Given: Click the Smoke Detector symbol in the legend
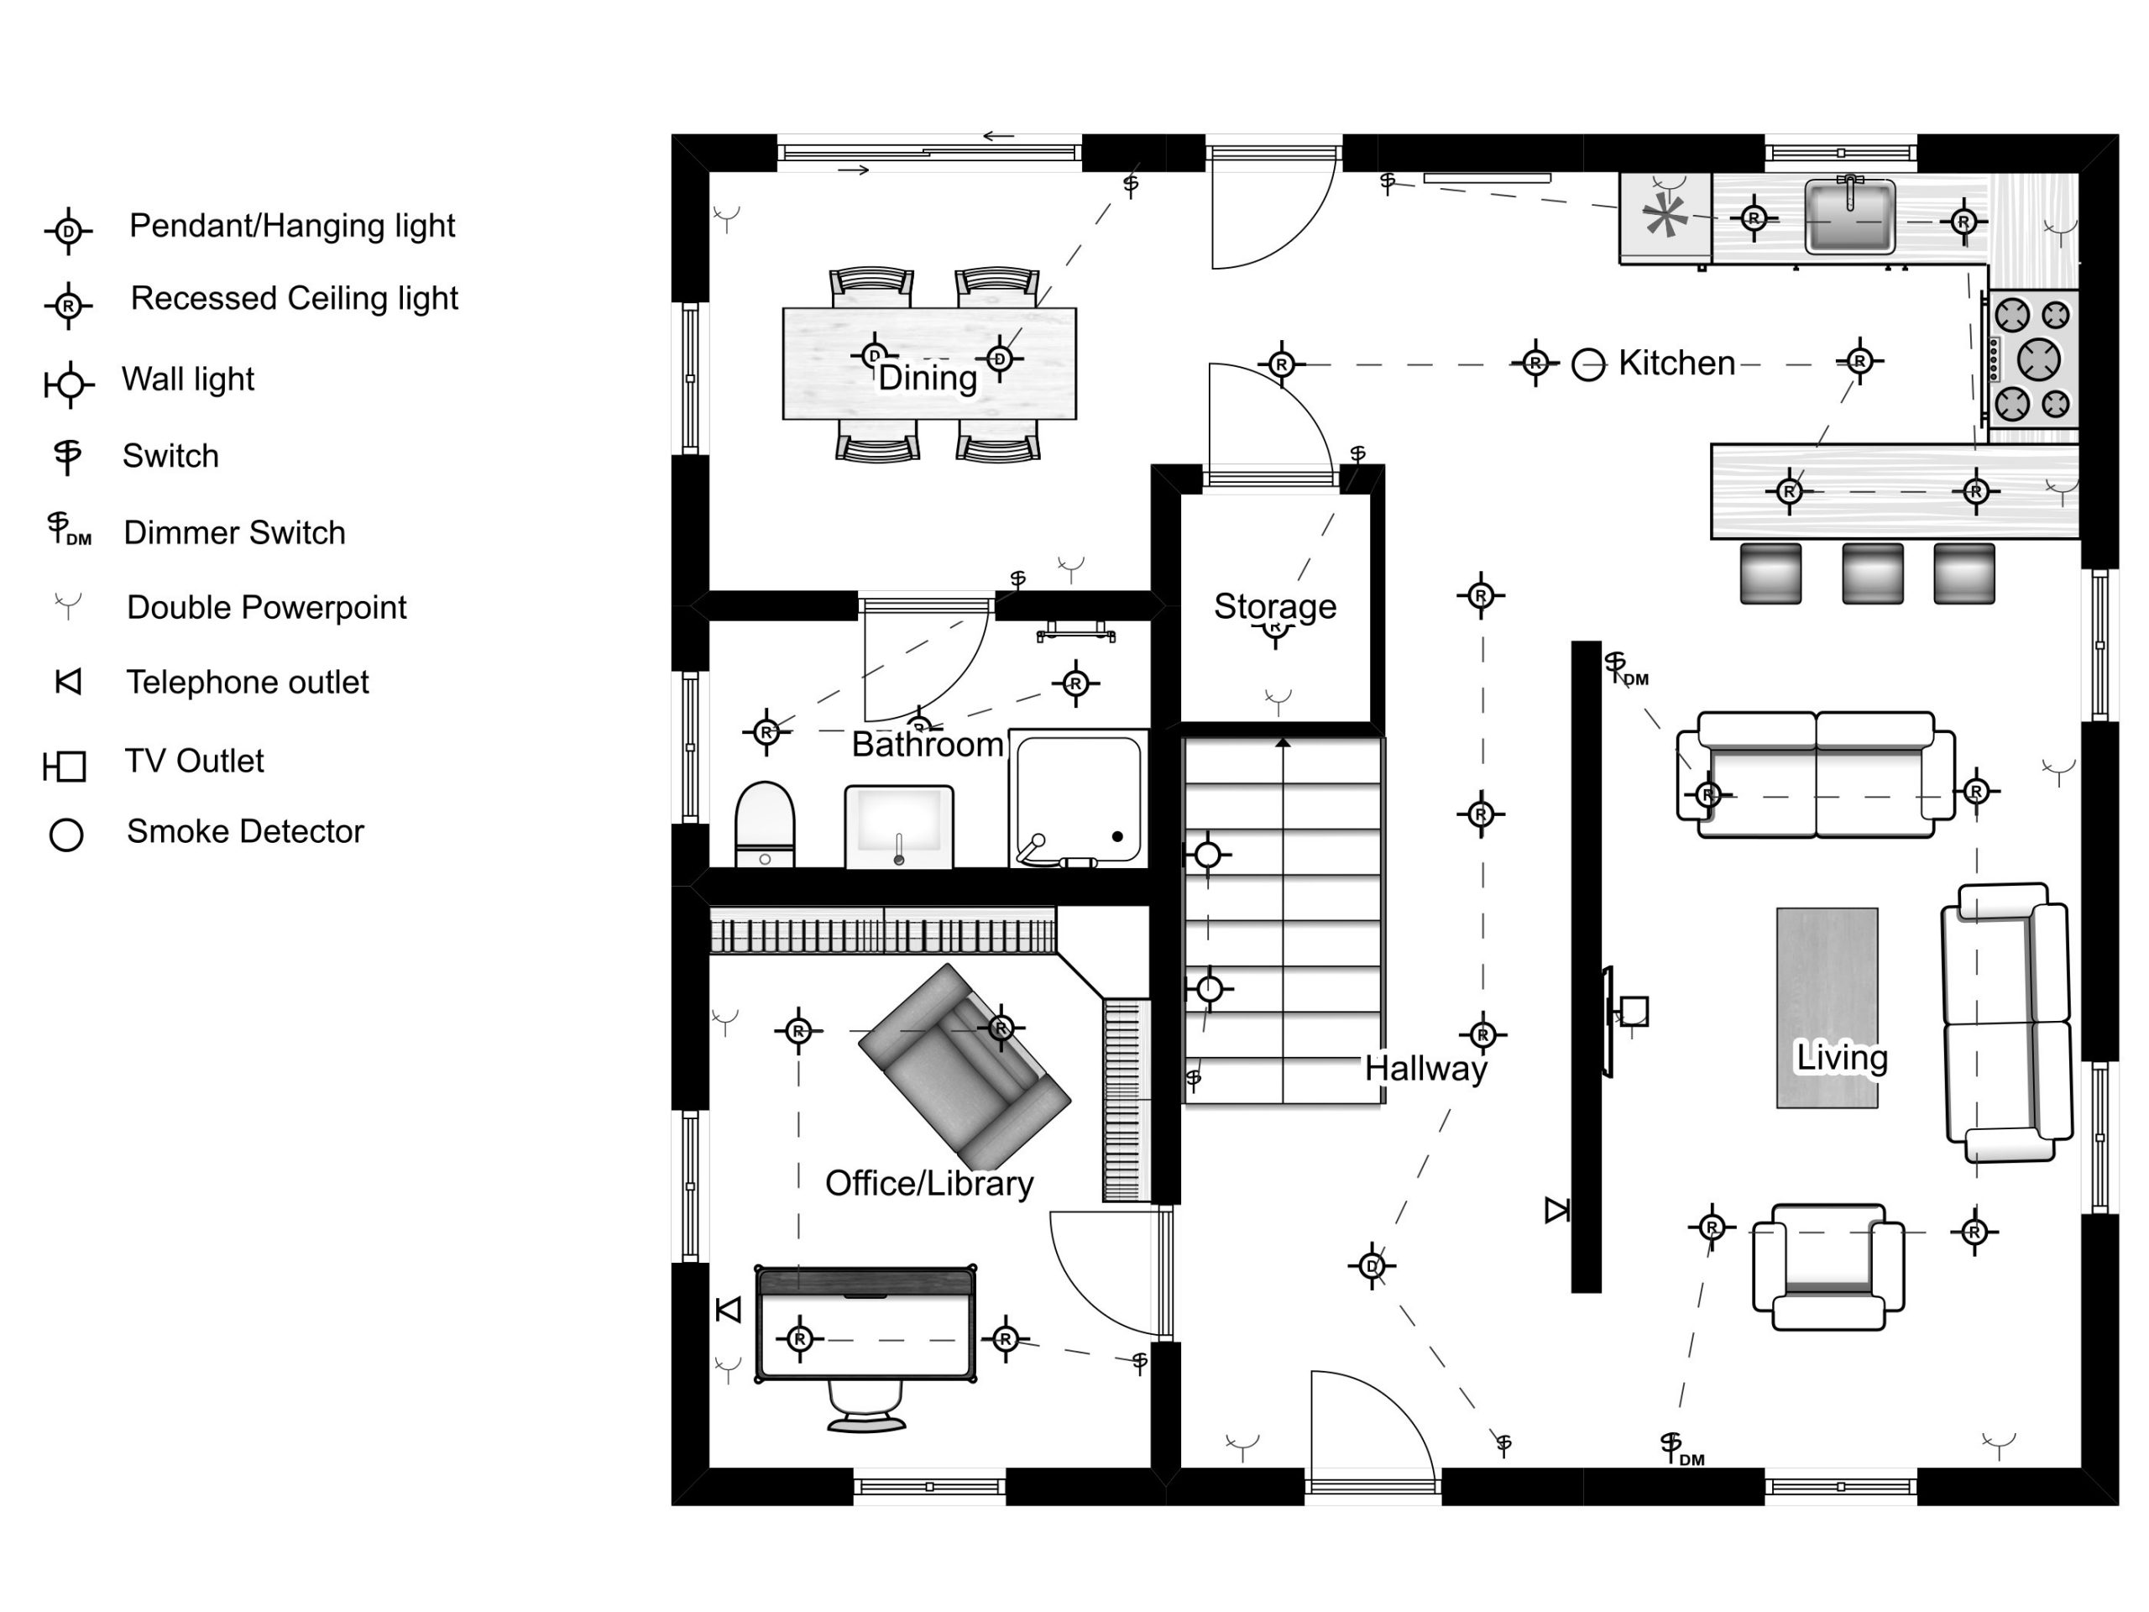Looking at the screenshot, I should pyautogui.click(x=66, y=834).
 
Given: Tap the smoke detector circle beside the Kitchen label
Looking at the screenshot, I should pyautogui.click(x=1587, y=365).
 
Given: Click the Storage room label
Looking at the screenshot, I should pyautogui.click(x=1274, y=605).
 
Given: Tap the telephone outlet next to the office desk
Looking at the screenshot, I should pyautogui.click(x=729, y=1310).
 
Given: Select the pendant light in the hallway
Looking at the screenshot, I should pyautogui.click(x=1372, y=1265).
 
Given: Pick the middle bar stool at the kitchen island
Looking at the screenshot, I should pyautogui.click(x=1872, y=573).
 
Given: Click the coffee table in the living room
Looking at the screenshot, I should pyautogui.click(x=1827, y=1007).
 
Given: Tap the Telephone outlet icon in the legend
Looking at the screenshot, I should pyautogui.click(x=68, y=682).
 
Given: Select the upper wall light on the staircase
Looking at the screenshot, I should pyautogui.click(x=1208, y=854).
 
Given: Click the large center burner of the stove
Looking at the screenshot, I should pyautogui.click(x=2038, y=359).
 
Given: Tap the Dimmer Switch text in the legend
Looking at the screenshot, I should pyautogui.click(x=234, y=532).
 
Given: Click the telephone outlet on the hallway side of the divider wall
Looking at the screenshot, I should pyautogui.click(x=1557, y=1210).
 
